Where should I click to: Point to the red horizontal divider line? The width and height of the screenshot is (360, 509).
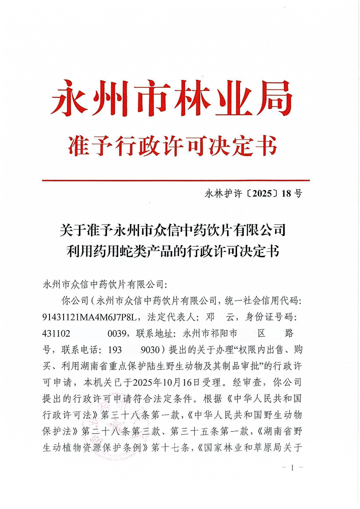pos(176,180)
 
